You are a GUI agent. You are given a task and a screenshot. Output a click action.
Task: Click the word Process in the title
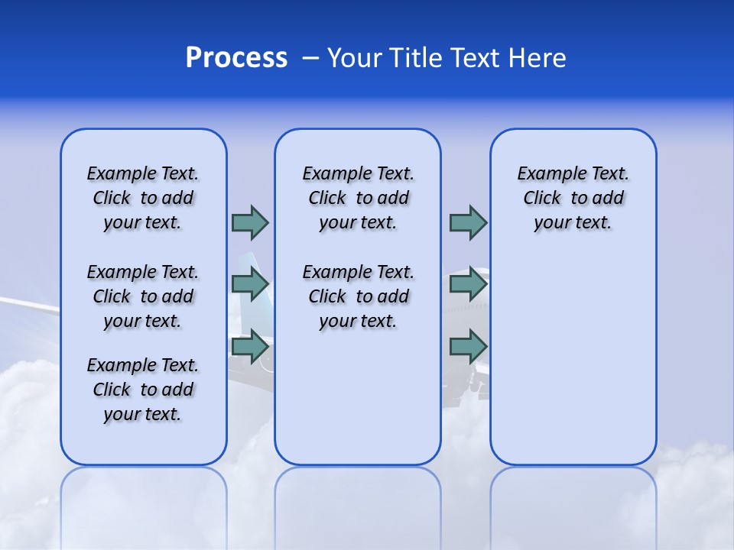[236, 58]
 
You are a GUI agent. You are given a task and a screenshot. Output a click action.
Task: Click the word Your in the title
[355, 58]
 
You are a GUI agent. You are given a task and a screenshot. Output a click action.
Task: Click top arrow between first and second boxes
[250, 222]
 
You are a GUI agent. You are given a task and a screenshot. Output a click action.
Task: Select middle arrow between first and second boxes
[250, 284]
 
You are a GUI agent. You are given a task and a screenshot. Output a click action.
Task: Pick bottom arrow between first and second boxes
[250, 347]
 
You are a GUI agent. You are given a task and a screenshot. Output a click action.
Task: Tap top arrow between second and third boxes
[468, 222]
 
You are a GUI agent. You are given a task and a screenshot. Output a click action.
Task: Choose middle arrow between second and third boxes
[468, 284]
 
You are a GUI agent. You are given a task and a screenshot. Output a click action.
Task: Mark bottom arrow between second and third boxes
[468, 347]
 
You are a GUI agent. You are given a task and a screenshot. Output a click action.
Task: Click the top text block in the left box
[143, 198]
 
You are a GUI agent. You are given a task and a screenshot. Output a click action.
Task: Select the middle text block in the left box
[143, 296]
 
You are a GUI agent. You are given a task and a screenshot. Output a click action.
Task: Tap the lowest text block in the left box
[143, 390]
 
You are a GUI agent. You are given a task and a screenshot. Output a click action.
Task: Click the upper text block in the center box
[358, 198]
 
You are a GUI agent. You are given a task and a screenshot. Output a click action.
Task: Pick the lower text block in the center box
[358, 296]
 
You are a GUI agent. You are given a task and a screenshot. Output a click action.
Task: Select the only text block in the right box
[573, 198]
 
